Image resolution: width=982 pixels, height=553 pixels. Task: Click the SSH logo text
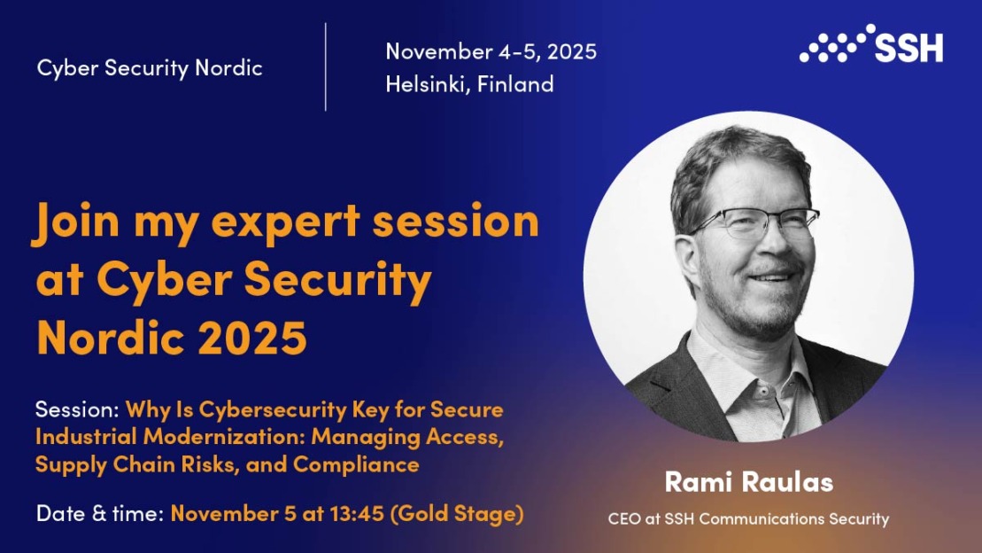coord(909,48)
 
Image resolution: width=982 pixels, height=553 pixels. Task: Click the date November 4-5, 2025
coord(491,51)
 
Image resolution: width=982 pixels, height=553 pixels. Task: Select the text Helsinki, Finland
coord(469,84)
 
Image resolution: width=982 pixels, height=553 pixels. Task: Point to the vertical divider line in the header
coord(326,67)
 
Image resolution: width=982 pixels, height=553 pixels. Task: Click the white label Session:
coord(77,409)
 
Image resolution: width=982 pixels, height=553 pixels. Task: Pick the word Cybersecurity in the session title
coord(273,410)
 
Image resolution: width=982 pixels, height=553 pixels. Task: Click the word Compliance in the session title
coord(356,464)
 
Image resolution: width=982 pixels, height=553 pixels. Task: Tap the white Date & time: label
coord(100,513)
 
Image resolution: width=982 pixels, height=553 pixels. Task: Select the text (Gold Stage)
coord(457,514)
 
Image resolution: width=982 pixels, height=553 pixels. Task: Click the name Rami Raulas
coord(749,482)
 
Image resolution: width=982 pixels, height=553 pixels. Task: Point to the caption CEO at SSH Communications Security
coord(748,519)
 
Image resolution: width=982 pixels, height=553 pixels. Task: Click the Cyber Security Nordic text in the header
coord(150,67)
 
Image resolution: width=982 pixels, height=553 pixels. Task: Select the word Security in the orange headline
coord(337,280)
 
